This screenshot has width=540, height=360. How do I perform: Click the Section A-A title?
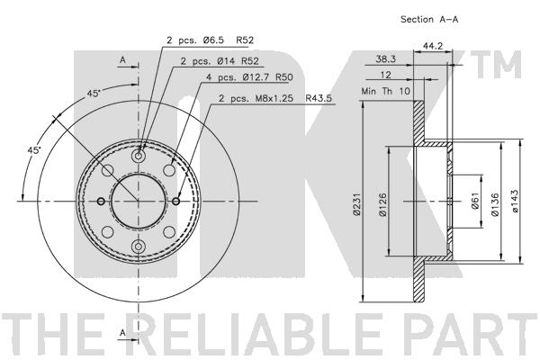click(429, 19)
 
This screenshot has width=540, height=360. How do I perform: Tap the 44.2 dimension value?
click(433, 46)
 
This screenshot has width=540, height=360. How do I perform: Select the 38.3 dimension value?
click(385, 59)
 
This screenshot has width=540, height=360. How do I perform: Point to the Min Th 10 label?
click(386, 91)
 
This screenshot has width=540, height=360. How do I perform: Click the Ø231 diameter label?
click(356, 204)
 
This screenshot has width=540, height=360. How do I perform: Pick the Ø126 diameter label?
click(382, 204)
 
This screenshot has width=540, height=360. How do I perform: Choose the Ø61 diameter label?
click(475, 201)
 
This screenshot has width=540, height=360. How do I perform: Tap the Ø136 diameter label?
click(495, 204)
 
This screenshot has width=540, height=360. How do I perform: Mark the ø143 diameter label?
click(515, 201)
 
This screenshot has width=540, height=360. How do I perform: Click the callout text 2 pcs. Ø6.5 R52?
click(210, 40)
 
